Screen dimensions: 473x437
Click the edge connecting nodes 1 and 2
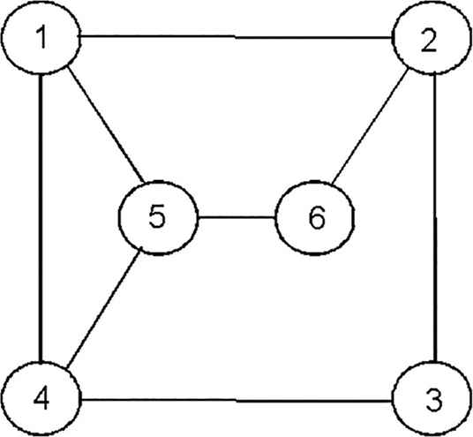coord(236,37)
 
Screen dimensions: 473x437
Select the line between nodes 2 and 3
coord(435,217)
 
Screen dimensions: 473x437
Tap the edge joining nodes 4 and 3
coord(236,401)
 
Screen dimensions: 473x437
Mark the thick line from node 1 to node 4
coord(41,217)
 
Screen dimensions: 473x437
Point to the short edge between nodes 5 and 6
coord(236,217)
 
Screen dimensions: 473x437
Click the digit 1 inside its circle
coord(42,37)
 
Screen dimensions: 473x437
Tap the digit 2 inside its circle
coord(429,41)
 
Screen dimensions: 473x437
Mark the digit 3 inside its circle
coord(434,401)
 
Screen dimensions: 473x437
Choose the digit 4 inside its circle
coord(41,398)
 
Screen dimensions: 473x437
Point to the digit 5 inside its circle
coord(157,216)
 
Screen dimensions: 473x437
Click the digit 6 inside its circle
coord(317,217)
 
